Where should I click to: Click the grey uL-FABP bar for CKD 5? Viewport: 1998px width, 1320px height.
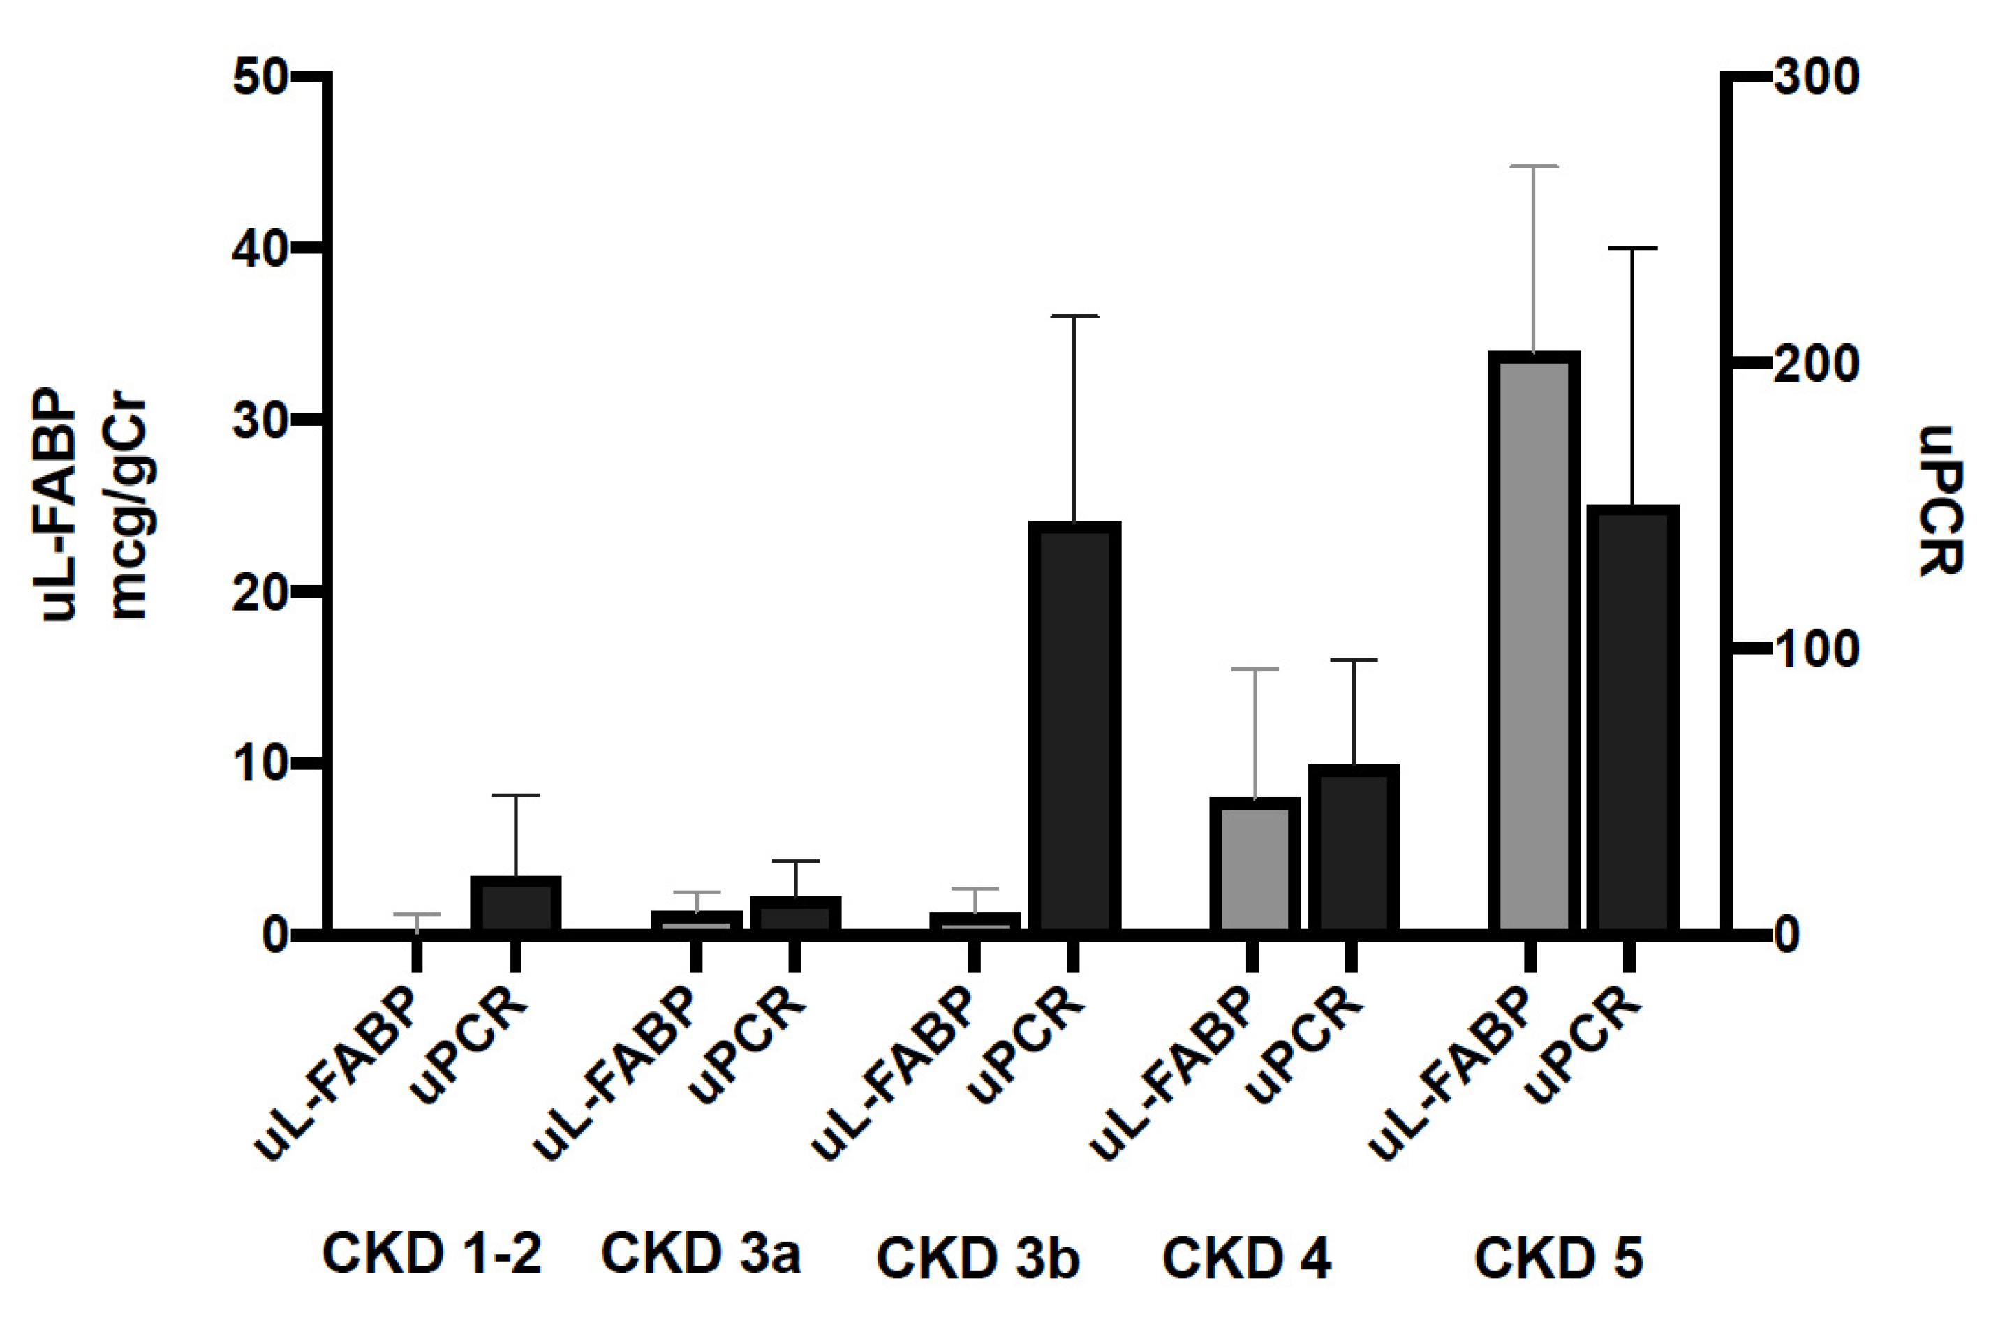point(1532,644)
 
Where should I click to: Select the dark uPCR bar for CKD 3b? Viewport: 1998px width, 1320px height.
point(1074,728)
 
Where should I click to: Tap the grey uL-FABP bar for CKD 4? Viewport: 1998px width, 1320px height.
point(1255,867)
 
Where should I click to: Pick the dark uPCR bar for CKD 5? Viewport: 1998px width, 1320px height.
point(1631,720)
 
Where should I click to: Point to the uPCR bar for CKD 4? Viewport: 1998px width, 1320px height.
point(1353,850)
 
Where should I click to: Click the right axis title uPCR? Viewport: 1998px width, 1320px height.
point(1941,501)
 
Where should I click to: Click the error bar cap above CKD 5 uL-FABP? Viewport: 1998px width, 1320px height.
point(1533,167)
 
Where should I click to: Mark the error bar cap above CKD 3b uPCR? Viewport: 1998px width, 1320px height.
point(1074,316)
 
